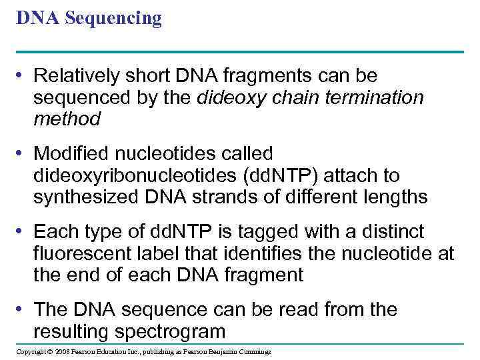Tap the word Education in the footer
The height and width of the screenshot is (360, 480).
coord(107,352)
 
